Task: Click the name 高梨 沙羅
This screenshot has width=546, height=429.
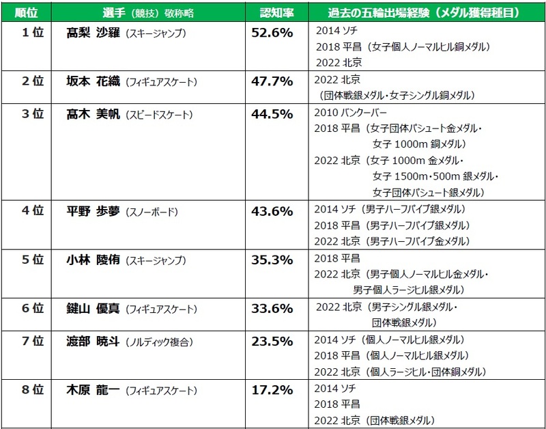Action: coord(93,32)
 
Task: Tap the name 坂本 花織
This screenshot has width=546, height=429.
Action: coord(93,81)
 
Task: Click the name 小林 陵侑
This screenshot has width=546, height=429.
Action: coord(93,260)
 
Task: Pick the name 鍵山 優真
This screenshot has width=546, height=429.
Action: coord(93,308)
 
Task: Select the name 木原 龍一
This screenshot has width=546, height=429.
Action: coord(93,390)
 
